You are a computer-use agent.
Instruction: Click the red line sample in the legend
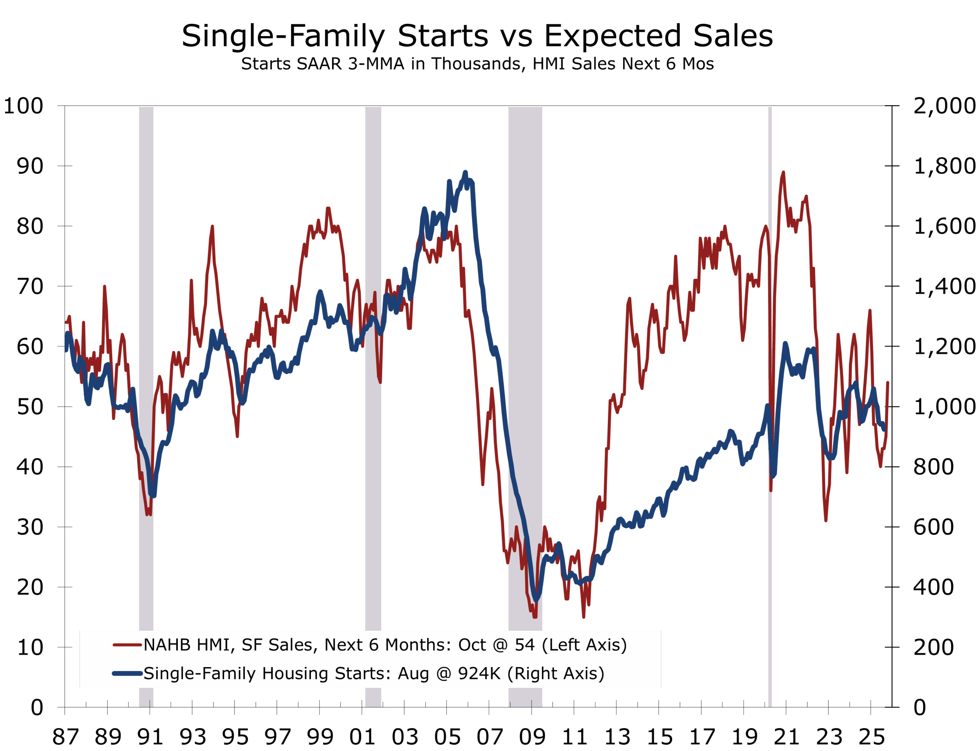127,645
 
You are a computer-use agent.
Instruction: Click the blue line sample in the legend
127,673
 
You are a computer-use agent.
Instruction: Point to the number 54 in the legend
525,645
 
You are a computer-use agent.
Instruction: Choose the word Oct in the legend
472,645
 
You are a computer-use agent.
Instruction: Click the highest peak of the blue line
465,172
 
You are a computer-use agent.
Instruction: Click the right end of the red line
888,383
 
